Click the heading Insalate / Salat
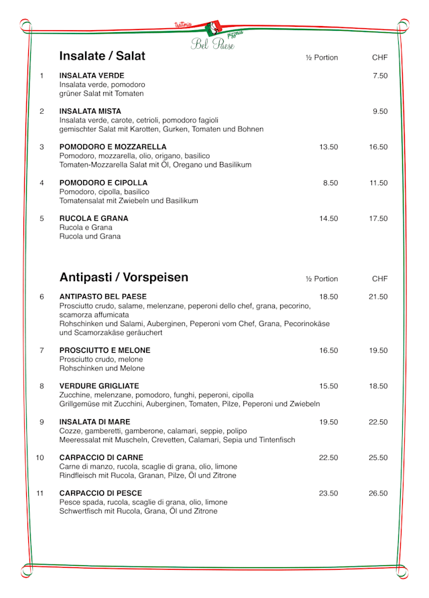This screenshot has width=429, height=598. [102, 56]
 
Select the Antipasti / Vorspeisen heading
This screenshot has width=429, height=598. [124, 277]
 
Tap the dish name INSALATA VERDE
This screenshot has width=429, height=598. [92, 76]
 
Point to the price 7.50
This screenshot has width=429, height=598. [380, 76]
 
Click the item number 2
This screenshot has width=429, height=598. [42, 111]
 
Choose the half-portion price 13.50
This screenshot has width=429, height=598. [328, 147]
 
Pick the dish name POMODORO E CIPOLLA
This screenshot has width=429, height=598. [103, 183]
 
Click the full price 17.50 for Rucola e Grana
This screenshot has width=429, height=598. [378, 218]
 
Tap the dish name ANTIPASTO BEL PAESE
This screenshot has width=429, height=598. [103, 297]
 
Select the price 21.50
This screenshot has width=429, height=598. [378, 297]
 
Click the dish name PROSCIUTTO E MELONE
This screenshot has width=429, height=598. [105, 350]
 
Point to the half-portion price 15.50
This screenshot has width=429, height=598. [328, 386]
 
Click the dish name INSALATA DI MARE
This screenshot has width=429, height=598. [95, 422]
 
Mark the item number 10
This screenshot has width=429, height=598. [40, 458]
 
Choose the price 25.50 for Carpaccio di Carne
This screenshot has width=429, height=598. [378, 458]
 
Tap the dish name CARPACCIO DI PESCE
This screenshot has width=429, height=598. [101, 494]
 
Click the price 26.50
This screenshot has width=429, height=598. [378, 494]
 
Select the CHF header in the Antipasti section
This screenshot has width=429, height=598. [379, 279]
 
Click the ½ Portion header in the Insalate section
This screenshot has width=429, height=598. [322, 58]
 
